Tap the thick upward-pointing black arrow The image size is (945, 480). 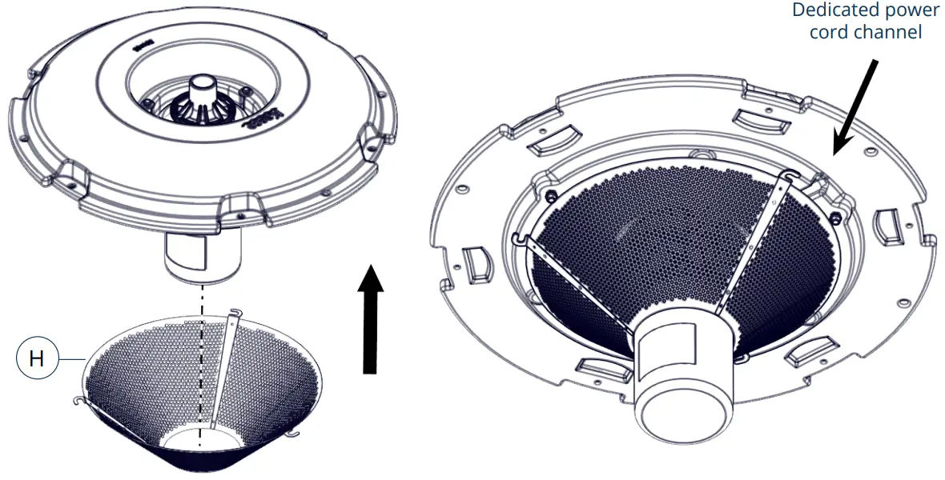369,320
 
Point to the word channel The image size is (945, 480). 887,32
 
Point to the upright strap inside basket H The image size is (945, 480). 223,368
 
